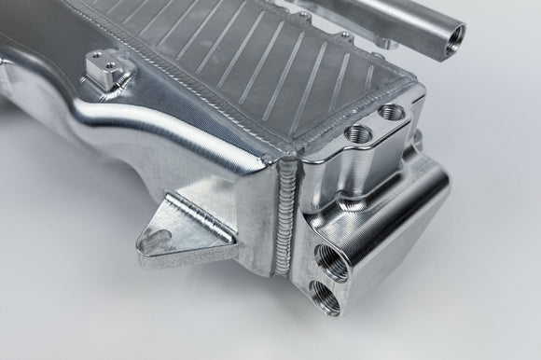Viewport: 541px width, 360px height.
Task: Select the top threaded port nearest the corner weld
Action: pos(358,133)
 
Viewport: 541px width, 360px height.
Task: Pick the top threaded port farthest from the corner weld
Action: pos(393,114)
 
